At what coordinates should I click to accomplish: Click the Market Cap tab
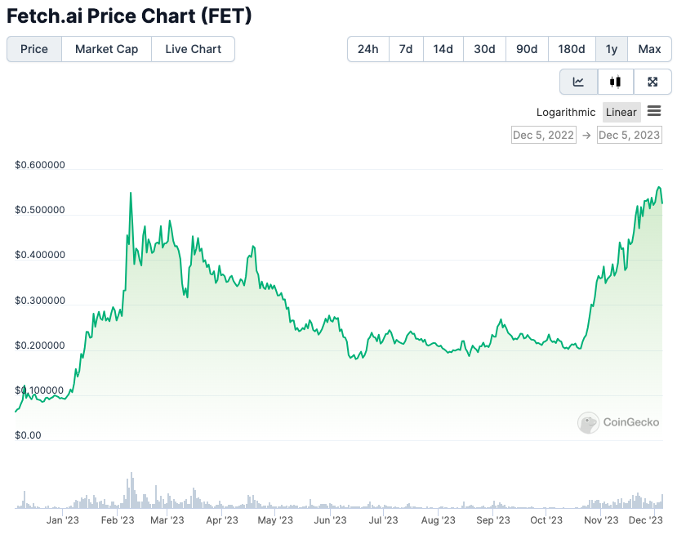tap(106, 49)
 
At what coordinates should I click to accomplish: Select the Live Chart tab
tap(193, 49)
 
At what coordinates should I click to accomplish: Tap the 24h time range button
tap(367, 49)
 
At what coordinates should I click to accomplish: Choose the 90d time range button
tap(527, 49)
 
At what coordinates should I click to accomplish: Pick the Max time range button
tap(649, 49)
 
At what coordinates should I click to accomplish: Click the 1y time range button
tap(612, 49)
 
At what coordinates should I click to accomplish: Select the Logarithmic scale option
tap(566, 112)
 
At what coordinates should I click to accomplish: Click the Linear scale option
tap(621, 112)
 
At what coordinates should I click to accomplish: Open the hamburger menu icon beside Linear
tap(654, 111)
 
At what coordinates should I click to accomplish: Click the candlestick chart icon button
tap(616, 82)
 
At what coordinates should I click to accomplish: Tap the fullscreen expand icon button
tap(653, 82)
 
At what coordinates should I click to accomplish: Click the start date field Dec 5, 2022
tap(543, 135)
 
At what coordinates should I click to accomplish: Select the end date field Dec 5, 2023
tap(630, 135)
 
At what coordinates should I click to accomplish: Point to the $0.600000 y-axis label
tap(40, 165)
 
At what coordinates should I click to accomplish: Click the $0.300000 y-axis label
tap(40, 301)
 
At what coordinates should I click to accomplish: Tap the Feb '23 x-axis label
tap(118, 520)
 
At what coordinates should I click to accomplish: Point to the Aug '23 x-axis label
tap(439, 520)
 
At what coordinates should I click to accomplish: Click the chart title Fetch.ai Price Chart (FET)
tap(129, 16)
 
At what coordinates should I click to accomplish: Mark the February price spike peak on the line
tap(131, 193)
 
